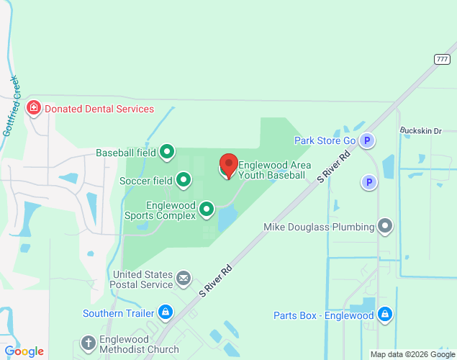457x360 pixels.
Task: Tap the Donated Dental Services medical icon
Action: pos(33,109)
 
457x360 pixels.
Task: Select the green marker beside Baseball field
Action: pos(167,152)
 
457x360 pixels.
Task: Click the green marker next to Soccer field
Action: pos(184,180)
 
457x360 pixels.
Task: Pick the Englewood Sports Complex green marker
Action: pos(207,210)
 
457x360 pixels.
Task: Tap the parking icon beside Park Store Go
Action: pos(367,140)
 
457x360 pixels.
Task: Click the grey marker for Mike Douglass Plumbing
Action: pos(386,227)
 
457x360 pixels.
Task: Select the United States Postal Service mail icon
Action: pos(184,278)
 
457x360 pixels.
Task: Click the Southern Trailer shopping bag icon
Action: pos(166,312)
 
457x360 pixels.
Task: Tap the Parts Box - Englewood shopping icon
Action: pos(385,315)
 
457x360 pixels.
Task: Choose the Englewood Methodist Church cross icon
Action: pos(88,343)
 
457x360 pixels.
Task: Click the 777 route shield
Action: pos(443,58)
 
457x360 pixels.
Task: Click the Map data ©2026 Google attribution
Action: pos(412,354)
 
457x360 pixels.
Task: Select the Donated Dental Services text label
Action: pos(99,109)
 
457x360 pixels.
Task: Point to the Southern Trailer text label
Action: pos(118,313)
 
